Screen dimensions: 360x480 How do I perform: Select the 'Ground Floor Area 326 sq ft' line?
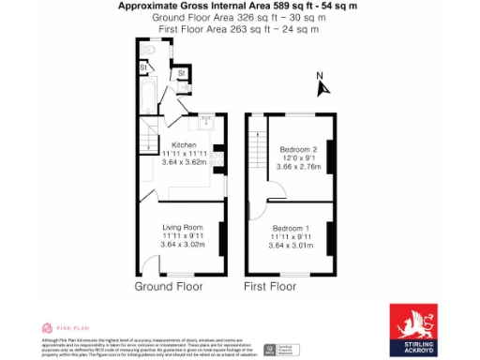[x=239, y=18]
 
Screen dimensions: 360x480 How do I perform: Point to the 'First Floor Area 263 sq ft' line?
[x=239, y=30]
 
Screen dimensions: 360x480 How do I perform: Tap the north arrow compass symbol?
[x=322, y=87]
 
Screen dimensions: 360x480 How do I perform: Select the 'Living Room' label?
[x=181, y=228]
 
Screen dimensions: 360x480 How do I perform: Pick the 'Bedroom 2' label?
[x=299, y=149]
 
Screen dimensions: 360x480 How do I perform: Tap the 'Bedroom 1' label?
[x=292, y=228]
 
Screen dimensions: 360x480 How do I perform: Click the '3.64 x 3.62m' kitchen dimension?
[x=185, y=162]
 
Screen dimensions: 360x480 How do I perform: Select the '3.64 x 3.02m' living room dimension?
[x=183, y=246]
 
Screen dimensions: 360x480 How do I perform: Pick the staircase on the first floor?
[x=258, y=150]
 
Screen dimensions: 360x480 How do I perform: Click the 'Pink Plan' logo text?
[x=73, y=328]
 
